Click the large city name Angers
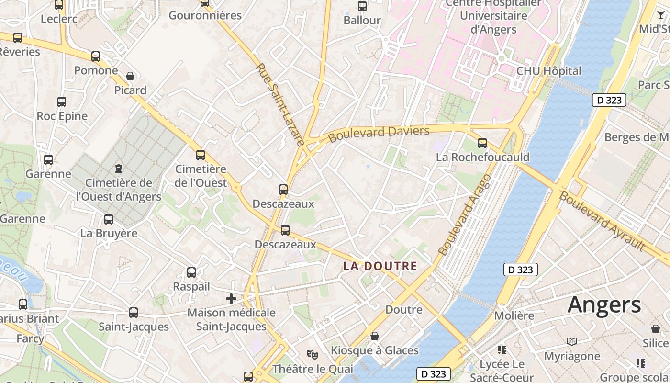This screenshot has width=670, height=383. click(604, 305)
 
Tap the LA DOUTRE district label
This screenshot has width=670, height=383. click(380, 266)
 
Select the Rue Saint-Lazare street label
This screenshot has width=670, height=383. click(280, 104)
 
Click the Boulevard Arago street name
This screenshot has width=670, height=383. click(465, 215)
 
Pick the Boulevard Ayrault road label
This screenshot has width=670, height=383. click(602, 221)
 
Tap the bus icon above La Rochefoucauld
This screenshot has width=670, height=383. click(482, 143)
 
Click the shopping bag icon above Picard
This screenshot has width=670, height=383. click(130, 76)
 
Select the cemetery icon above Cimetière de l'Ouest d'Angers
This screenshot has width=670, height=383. click(118, 168)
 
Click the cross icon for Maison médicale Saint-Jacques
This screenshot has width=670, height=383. click(231, 299)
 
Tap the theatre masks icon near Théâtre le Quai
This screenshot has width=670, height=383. click(313, 354)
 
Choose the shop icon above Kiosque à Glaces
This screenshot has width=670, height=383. click(375, 336)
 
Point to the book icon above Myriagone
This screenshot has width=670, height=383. click(572, 341)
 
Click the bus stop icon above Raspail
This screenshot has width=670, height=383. click(191, 272)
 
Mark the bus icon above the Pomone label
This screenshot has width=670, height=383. click(96, 56)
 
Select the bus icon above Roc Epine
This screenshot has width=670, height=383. click(62, 101)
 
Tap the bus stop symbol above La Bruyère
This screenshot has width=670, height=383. click(109, 219)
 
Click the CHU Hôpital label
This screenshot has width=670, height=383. click(548, 71)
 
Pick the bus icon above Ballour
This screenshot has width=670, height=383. click(362, 6)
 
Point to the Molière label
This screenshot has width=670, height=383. click(514, 316)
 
